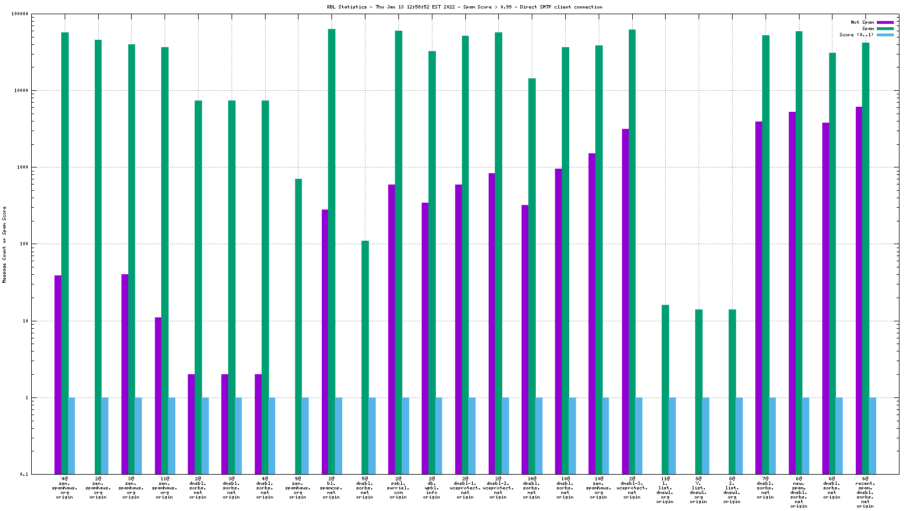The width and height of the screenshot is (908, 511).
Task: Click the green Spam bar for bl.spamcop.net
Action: pos(331,250)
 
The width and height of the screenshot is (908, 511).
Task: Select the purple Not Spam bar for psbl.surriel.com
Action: pos(392,329)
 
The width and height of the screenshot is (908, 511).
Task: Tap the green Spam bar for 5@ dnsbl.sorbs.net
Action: pos(365,358)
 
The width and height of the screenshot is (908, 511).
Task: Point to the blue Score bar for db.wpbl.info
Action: pos(439,435)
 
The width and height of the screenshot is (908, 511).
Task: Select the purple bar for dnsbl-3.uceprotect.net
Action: pos(625,301)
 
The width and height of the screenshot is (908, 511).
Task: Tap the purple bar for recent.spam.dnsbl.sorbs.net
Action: pos(859,290)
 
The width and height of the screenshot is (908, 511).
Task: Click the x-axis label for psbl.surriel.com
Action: pos(398,488)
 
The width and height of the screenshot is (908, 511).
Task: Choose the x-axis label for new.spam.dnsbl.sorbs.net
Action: pos(799,492)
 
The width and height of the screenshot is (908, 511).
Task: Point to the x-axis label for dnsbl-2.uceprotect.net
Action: pos(498,488)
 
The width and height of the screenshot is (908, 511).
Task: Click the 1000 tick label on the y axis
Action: pos(23,167)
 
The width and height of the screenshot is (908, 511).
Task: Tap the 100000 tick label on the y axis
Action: pos(20,14)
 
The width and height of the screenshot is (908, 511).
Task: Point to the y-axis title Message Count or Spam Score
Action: pos(4,244)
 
